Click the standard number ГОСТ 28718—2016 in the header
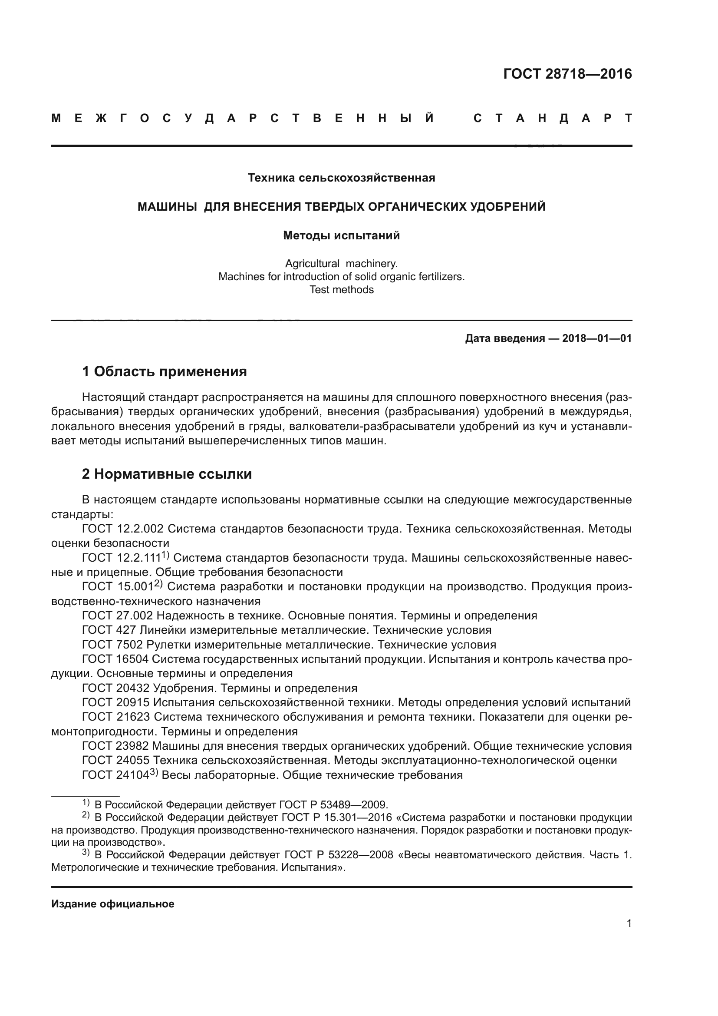pos(567,74)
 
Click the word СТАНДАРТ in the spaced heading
pos(552,119)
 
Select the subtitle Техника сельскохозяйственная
pos(341,178)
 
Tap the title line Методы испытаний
pos(341,235)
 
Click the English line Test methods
pos(341,290)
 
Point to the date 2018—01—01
pos(596,338)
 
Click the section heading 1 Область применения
pos(164,371)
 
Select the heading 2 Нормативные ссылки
pos(167,474)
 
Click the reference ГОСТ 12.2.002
pos(122,529)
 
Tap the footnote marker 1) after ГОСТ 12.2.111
pos(165,555)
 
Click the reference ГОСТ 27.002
pos(117,616)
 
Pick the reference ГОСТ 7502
pos(112,644)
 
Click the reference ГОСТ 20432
pos(115,688)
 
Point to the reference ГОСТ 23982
pos(115,746)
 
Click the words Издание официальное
pos(113,904)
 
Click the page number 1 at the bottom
pos(629,923)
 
